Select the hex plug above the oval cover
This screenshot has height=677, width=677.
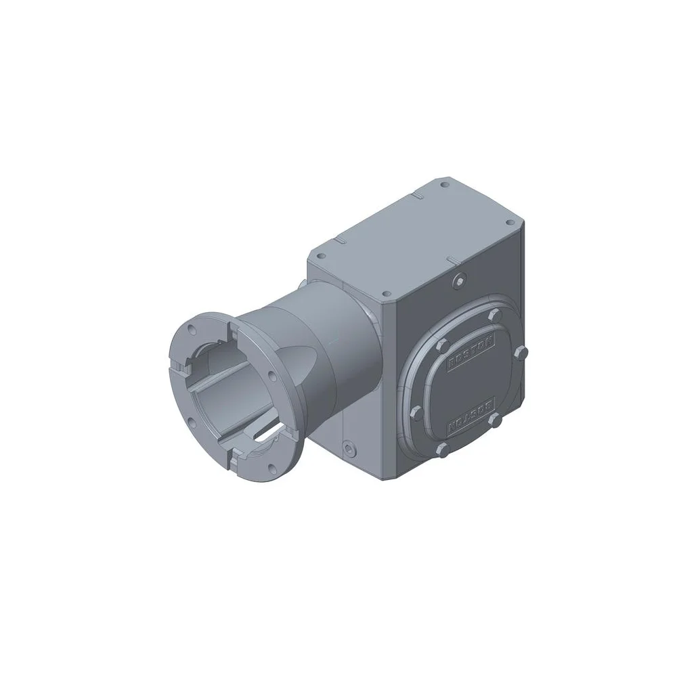(x=460, y=279)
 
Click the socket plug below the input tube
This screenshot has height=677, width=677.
(x=349, y=447)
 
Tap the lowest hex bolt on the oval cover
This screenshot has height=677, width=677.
(x=443, y=449)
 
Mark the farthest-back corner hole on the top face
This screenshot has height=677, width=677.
(x=444, y=183)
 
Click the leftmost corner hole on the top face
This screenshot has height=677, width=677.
(x=321, y=256)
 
